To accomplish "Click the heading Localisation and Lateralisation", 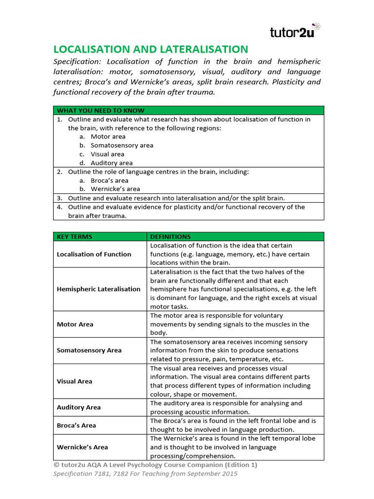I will tap(150, 49).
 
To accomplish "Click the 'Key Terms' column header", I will tap(75, 237).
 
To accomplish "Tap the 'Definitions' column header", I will tap(170, 237).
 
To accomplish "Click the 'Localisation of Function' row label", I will tap(94, 254).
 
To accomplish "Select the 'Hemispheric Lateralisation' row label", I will tap(98, 289).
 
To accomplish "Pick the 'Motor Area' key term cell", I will tap(75, 325).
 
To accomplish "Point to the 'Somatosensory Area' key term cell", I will tap(89, 351).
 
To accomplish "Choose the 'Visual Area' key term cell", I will tap(75, 382).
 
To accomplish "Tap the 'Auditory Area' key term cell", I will tap(79, 408).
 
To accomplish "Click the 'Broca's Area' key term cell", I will tap(76, 425).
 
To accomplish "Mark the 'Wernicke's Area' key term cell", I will tap(82, 447).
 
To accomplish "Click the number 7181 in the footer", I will tap(104, 474).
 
